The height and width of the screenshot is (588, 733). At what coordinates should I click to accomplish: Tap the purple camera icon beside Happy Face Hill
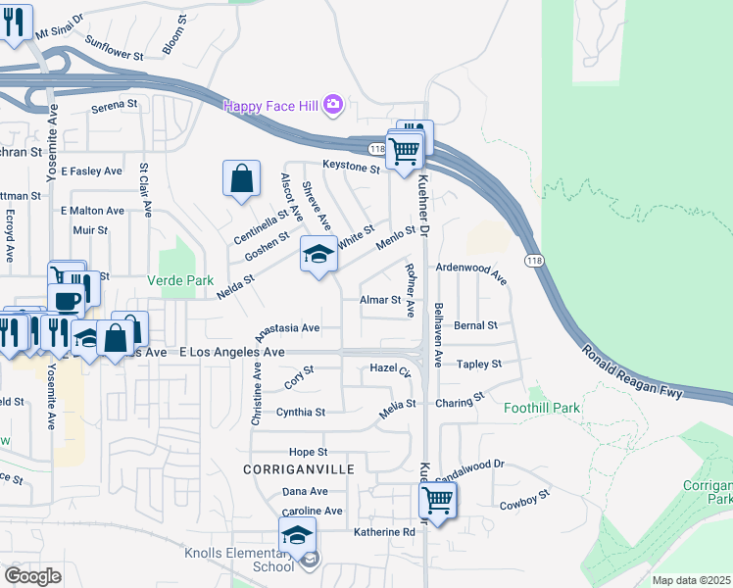333,104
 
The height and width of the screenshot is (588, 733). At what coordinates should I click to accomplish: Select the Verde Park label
180,280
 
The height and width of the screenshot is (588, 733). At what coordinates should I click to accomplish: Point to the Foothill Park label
542,408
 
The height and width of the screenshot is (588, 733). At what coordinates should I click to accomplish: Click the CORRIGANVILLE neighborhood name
299,470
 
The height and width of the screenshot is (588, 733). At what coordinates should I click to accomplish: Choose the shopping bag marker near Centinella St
241,179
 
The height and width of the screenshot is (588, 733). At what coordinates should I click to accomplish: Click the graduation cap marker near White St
318,255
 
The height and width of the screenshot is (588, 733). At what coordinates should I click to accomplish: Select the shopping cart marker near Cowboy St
437,501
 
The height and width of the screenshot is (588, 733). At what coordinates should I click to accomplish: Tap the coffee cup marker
66,300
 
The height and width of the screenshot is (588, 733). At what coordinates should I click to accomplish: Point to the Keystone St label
352,169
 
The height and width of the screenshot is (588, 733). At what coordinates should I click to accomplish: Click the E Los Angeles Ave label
231,352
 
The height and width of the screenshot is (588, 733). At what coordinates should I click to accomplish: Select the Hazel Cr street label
390,368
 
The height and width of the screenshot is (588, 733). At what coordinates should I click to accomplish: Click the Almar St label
380,300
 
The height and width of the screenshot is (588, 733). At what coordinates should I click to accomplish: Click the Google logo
33,576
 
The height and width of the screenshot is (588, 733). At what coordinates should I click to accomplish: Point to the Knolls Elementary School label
239,560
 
